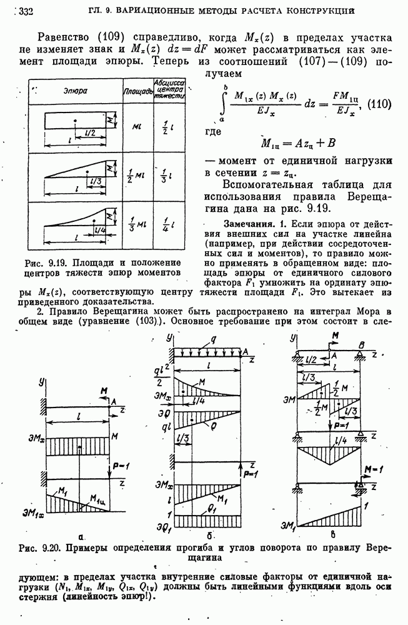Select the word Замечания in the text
pyautogui.click(x=247, y=224)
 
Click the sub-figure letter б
pyautogui.click(x=211, y=535)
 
